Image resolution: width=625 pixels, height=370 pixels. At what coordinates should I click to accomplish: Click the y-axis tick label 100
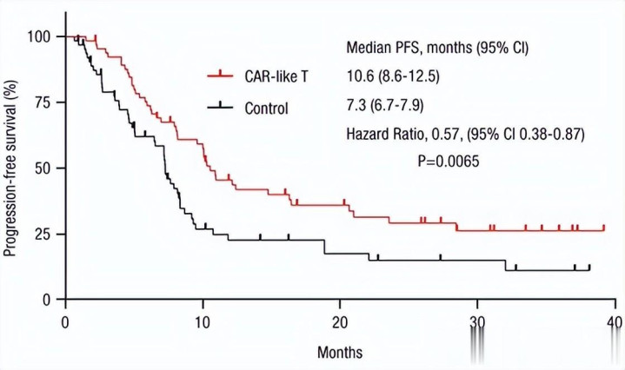tap(40, 36)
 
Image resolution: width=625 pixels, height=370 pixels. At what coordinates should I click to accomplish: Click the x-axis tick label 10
tap(203, 321)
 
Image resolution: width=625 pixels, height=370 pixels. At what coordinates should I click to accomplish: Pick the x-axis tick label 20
tap(340, 321)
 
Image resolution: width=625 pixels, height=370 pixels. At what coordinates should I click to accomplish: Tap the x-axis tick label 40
tap(615, 321)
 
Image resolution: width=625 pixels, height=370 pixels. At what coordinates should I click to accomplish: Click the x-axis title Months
tap(339, 353)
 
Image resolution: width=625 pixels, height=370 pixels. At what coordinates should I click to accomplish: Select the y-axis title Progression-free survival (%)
tap(12, 168)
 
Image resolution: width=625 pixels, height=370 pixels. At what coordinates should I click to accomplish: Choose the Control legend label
tap(267, 108)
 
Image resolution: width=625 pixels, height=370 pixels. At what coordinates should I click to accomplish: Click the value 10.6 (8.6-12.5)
tap(393, 77)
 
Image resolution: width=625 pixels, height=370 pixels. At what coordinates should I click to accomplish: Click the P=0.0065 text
tap(449, 162)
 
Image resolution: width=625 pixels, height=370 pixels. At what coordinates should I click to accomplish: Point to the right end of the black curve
tap(589, 270)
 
